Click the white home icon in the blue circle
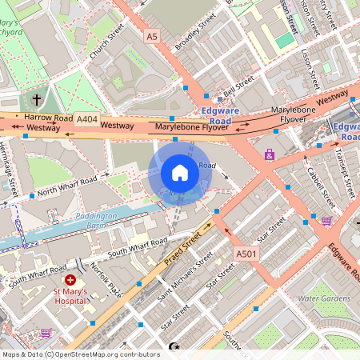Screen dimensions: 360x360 point(179,172)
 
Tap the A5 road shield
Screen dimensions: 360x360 point(152,36)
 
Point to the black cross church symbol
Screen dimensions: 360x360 point(36,100)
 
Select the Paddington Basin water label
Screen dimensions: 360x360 point(97,220)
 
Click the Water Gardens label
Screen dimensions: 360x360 point(323,298)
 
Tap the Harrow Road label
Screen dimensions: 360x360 point(48,117)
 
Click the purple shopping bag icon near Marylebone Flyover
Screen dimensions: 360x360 point(269,154)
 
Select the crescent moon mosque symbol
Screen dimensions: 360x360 point(175,346)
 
